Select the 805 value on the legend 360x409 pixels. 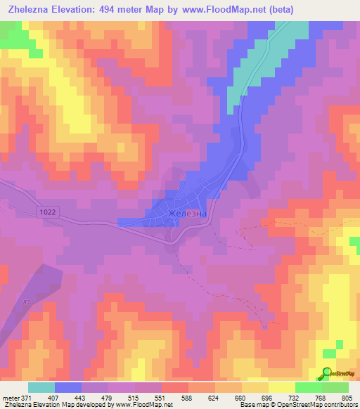click(347, 398)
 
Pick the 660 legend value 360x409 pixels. click(241, 398)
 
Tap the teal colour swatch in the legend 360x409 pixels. click(41, 387)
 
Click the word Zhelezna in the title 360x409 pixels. click(28, 9)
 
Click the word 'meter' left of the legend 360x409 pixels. click(9, 398)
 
